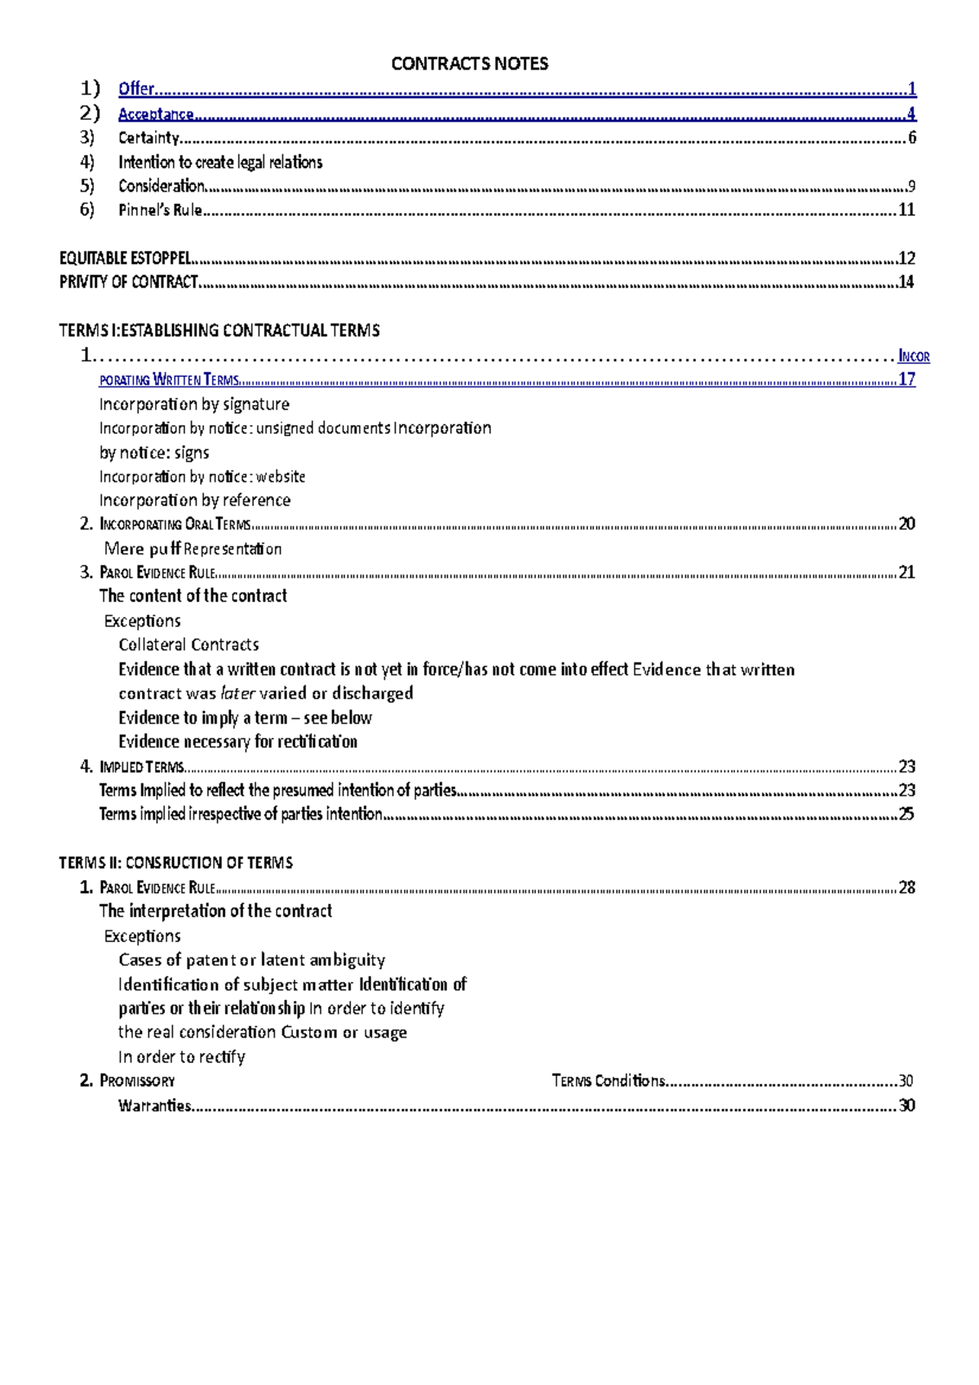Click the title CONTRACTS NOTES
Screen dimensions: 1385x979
tap(469, 64)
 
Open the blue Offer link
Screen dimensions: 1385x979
tap(136, 88)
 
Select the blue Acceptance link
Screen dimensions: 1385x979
tap(156, 113)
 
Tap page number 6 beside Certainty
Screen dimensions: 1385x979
tap(912, 137)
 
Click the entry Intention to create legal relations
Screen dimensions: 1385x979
tap(220, 162)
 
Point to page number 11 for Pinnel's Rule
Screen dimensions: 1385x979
tap(906, 210)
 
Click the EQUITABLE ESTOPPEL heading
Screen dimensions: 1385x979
tap(125, 258)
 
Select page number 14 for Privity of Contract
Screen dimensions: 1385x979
tap(906, 281)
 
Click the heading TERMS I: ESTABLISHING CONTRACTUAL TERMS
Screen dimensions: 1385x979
tap(219, 330)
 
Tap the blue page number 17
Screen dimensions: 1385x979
tap(906, 378)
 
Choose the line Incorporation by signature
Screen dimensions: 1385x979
tap(194, 404)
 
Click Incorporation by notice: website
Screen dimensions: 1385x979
tap(202, 476)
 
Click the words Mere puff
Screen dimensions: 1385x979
tap(142, 548)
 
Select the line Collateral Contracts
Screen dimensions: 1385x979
tap(188, 644)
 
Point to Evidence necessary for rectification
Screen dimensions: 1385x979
tap(237, 741)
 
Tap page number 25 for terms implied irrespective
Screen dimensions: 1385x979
tap(906, 813)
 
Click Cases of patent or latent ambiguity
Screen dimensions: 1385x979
tap(251, 960)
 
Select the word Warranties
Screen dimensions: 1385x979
tap(154, 1105)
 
